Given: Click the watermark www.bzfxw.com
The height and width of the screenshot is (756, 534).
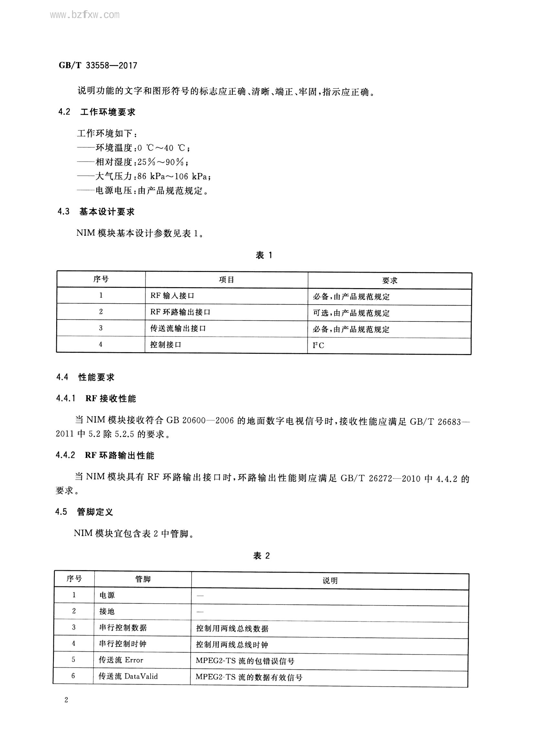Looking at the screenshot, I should click(x=85, y=15).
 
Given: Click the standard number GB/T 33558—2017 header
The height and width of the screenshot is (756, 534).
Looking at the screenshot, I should click(x=98, y=66).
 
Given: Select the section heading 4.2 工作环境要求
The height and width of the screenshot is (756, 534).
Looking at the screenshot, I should click(x=97, y=112).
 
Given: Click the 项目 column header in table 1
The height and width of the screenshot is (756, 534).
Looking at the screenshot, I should click(x=226, y=280).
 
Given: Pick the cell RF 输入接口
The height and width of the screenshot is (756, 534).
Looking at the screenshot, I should click(x=173, y=296).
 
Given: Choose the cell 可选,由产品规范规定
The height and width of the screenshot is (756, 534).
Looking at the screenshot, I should click(x=351, y=313).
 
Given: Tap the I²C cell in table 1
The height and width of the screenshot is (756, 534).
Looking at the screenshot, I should click(x=318, y=345).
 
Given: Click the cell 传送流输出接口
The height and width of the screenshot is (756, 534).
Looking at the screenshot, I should click(x=178, y=328).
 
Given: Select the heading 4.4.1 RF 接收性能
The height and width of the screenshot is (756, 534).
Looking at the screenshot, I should click(x=96, y=399).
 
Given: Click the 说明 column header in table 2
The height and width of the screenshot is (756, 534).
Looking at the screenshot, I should click(x=330, y=581).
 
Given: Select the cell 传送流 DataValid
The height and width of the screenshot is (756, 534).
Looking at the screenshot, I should click(x=128, y=676).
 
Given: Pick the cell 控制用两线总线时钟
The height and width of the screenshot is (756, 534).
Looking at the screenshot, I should click(x=232, y=644).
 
